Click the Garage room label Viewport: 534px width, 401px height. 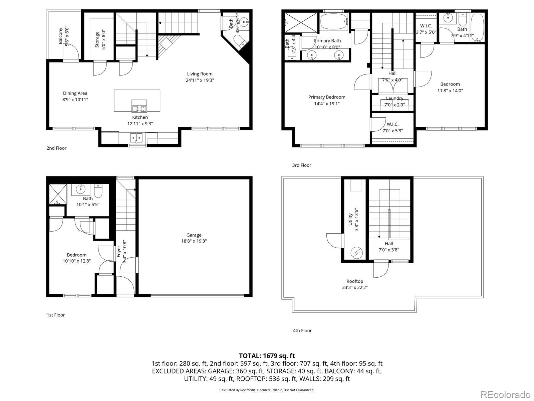click(194, 235)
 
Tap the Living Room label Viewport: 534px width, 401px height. click(200, 74)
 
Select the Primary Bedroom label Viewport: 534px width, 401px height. click(326, 97)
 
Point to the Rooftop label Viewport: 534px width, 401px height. click(354, 281)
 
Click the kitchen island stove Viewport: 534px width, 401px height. click(139, 106)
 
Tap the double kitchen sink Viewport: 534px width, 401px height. click(137, 137)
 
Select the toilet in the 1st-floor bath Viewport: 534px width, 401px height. click(98, 191)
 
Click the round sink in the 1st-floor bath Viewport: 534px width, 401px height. click(80, 189)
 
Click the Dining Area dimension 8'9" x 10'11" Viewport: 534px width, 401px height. click(75, 100)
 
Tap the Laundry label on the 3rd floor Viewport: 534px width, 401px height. click(394, 98)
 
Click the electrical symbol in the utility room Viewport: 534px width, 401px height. click(356, 253)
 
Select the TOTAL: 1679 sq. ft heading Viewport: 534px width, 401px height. click(267, 356)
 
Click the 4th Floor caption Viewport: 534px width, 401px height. click(302, 330)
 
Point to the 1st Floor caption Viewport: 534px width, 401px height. click(55, 315)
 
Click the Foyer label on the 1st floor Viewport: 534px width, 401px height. click(118, 251)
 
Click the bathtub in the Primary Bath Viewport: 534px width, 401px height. click(334, 22)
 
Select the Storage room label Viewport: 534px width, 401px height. click(97, 39)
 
